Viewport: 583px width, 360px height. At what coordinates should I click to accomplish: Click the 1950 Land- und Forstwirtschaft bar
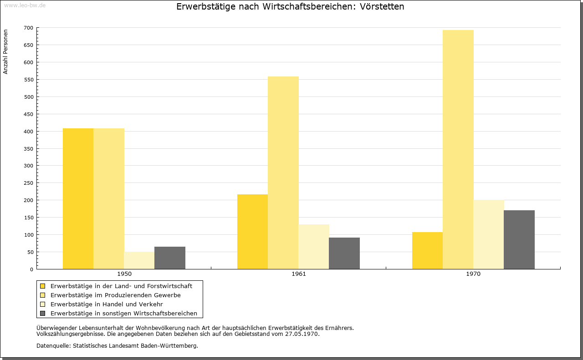pyautogui.click(x=78, y=199)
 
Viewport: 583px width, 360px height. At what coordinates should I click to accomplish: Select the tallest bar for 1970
pyautogui.click(x=458, y=150)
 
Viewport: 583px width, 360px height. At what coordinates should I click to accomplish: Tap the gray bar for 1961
pyautogui.click(x=344, y=254)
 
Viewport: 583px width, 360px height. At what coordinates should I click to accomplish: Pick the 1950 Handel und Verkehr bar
pyautogui.click(x=139, y=260)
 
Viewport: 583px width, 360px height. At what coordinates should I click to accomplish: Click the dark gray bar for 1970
pyautogui.click(x=519, y=240)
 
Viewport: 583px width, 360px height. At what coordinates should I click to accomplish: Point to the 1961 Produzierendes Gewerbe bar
pyautogui.click(x=283, y=172)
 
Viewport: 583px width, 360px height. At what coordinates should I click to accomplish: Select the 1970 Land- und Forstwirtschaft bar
pyautogui.click(x=427, y=250)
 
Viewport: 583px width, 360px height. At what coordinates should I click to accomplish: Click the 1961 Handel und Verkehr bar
pyautogui.click(x=314, y=247)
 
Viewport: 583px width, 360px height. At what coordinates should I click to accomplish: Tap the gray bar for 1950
pyautogui.click(x=170, y=258)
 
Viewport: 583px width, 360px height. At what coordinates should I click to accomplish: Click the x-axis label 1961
pyautogui.click(x=299, y=274)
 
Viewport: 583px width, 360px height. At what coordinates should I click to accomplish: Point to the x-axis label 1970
pyautogui.click(x=473, y=274)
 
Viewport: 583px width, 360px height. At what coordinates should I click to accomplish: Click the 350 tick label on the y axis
pyautogui.click(x=28, y=149)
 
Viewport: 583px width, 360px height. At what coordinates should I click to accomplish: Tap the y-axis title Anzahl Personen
pyautogui.click(x=5, y=52)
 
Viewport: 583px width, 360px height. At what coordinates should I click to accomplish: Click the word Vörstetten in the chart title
pyautogui.click(x=382, y=6)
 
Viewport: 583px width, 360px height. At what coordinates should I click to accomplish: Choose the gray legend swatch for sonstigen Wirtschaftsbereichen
pyautogui.click(x=43, y=314)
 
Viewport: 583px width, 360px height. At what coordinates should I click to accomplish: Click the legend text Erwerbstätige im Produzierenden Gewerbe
pyautogui.click(x=116, y=295)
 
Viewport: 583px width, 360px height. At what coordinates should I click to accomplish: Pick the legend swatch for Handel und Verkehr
pyautogui.click(x=43, y=304)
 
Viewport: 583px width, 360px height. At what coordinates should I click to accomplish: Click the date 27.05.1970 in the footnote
pyautogui.click(x=302, y=334)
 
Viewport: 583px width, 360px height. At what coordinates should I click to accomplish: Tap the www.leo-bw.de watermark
pyautogui.click(x=25, y=5)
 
